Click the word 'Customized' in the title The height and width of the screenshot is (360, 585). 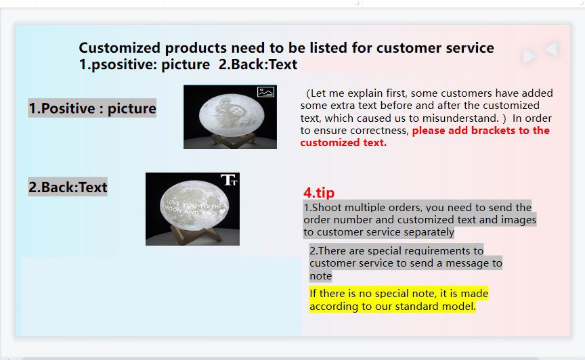(119, 48)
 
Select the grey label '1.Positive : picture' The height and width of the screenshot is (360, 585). (92, 108)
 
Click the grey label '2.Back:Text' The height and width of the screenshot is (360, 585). (68, 187)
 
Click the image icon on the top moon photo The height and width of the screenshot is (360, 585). (266, 92)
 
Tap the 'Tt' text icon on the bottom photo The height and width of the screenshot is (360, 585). (229, 180)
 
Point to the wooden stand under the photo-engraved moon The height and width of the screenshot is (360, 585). (230, 140)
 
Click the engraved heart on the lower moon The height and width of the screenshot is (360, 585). (222, 210)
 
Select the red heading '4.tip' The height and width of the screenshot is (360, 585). (319, 193)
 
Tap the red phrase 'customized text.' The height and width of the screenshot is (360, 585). (343, 143)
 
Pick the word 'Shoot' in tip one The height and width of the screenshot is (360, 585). (328, 208)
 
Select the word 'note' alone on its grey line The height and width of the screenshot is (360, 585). (320, 276)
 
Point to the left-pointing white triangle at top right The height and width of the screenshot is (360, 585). (551, 49)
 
